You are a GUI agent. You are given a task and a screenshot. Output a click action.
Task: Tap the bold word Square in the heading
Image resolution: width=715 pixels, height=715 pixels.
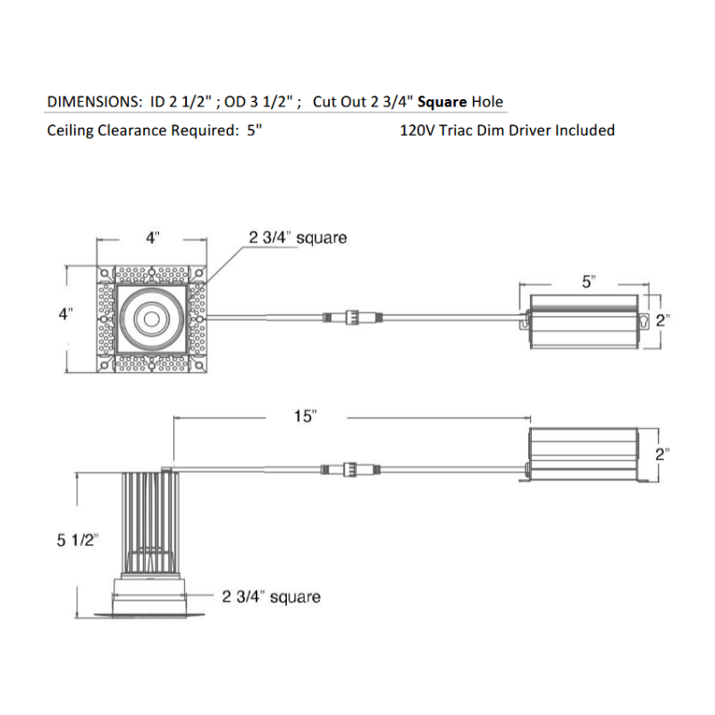click(442, 102)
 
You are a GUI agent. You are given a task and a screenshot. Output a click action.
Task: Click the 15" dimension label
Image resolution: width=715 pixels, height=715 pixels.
click(305, 416)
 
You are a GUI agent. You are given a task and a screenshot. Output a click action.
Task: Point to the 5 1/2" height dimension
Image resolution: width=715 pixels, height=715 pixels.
click(77, 541)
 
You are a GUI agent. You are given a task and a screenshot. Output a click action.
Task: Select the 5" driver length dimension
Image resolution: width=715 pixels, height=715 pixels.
click(589, 282)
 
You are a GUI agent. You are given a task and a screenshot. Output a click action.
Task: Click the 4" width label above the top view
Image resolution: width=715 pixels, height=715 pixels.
click(153, 238)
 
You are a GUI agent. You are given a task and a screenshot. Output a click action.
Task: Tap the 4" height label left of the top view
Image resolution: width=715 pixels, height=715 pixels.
click(65, 315)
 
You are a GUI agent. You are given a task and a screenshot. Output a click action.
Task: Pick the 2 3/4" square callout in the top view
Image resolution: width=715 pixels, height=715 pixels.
click(298, 238)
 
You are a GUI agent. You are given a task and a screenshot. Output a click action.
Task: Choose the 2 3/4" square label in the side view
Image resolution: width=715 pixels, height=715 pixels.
click(272, 597)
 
